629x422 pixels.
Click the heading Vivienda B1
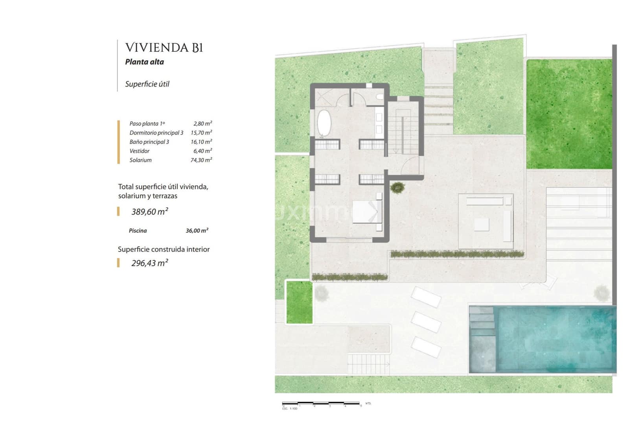pyautogui.click(x=164, y=48)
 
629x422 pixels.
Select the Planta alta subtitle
pyautogui.click(x=144, y=62)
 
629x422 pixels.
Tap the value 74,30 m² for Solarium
pyautogui.click(x=201, y=160)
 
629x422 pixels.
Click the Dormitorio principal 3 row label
pyautogui.click(x=156, y=133)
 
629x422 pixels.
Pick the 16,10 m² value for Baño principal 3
pyautogui.click(x=201, y=142)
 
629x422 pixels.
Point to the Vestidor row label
pyautogui.click(x=140, y=151)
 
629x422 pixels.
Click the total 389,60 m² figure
pyautogui.click(x=149, y=212)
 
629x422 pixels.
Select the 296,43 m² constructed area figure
pyautogui.click(x=149, y=263)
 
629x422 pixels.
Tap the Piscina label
pyautogui.click(x=138, y=231)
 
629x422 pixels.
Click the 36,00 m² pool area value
pyautogui.click(x=197, y=231)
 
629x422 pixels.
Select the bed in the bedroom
pyautogui.click(x=367, y=212)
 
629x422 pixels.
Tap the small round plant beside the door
pyautogui.click(x=398, y=188)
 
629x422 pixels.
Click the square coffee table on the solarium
pyautogui.click(x=481, y=225)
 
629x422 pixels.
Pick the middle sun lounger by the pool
pyautogui.click(x=426, y=322)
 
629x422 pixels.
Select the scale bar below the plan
pyautogui.click(x=321, y=404)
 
